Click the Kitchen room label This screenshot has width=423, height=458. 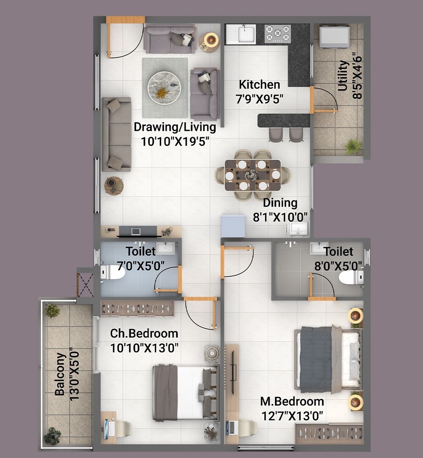pos(259,84)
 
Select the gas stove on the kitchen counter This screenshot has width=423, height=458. pos(278,34)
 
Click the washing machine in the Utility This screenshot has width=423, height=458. pos(334,37)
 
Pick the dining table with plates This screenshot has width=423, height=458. pos(253,174)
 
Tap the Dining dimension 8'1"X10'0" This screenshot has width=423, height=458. pos(280,218)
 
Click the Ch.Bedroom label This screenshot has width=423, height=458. pos(144,333)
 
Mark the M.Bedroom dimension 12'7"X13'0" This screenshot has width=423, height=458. pos(292,416)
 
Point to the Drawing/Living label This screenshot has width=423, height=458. pos(175,127)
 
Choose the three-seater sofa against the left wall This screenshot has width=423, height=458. pos(117,134)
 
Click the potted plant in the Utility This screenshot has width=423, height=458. pos(353,147)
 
